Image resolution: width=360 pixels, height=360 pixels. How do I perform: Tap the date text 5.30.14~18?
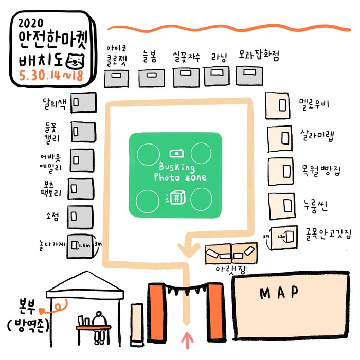pos(49,75)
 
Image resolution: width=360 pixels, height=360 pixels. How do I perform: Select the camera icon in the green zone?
pos(176,153)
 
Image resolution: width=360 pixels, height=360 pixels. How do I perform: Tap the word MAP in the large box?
pos(279,293)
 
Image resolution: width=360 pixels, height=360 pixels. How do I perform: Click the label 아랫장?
pos(228,268)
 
